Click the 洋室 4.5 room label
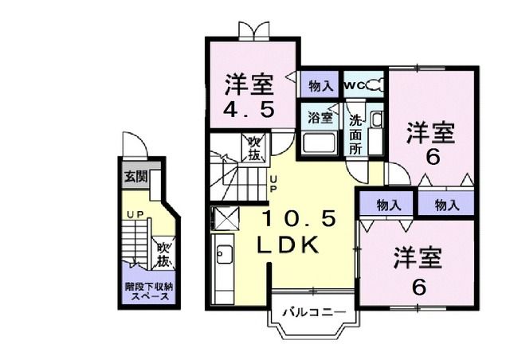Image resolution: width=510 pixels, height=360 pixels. (249, 95)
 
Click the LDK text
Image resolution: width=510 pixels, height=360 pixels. (288, 245)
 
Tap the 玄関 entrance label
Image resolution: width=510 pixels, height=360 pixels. (135, 177)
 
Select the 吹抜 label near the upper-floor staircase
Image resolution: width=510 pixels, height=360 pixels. (254, 148)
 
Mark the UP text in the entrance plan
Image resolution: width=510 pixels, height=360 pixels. (136, 214)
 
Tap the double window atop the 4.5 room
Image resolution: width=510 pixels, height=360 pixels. (252, 31)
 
